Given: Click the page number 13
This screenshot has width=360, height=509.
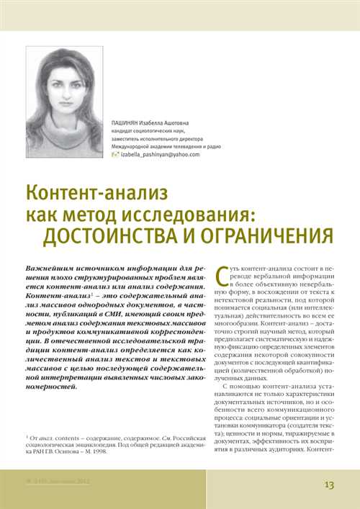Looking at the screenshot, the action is tap(329, 485).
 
